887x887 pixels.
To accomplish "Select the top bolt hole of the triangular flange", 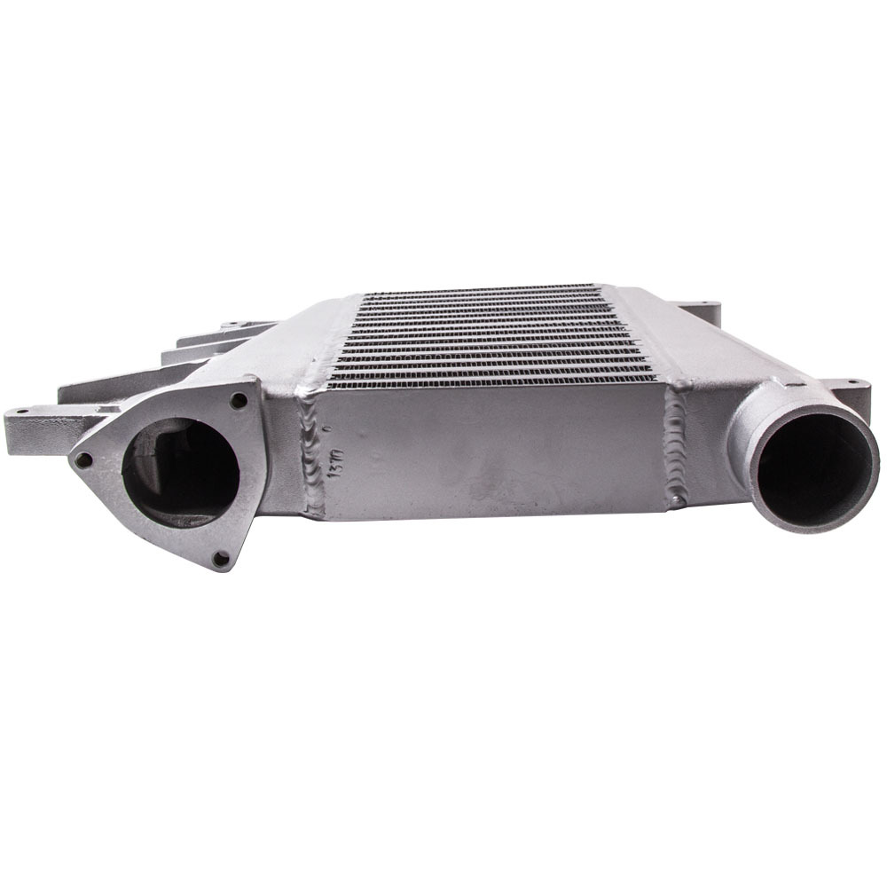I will point(238,400).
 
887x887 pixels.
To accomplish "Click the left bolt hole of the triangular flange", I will point(83,459).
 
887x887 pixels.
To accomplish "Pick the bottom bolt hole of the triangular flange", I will point(221,559).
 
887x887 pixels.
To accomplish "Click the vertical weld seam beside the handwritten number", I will point(310,452).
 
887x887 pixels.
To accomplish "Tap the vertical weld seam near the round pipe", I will point(676,443).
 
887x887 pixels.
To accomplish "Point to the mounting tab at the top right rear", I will point(701,310).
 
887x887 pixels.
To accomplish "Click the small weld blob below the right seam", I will point(676,502).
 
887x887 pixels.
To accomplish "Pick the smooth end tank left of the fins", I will point(306,346).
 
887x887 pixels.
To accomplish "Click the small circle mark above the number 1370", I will point(330,428).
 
